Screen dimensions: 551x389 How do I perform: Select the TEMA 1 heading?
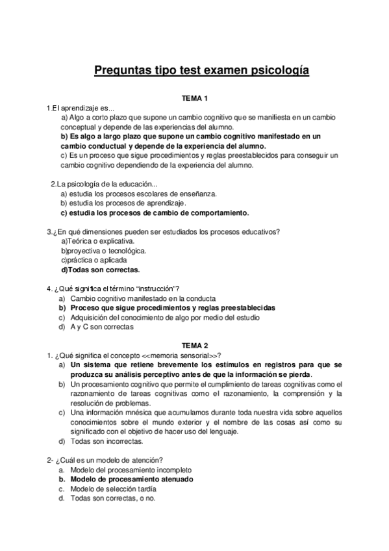click(x=194, y=98)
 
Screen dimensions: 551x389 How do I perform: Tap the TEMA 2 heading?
click(x=194, y=346)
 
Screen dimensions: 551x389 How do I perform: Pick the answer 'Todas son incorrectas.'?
click(x=107, y=441)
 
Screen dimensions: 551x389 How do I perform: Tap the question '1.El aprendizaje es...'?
click(x=80, y=108)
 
